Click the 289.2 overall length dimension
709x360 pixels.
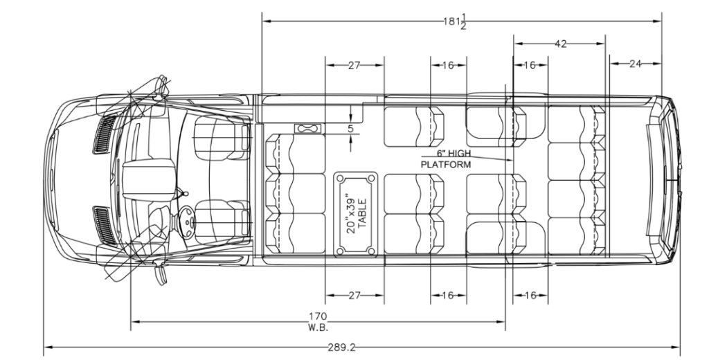(x=341, y=348)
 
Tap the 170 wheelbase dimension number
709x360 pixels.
(x=318, y=316)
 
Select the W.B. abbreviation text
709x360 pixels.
(x=318, y=327)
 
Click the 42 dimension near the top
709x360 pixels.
(x=560, y=44)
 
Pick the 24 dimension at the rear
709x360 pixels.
(x=636, y=64)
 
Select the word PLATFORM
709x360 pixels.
(x=446, y=165)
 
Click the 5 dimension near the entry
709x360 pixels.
(x=350, y=129)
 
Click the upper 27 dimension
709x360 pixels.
(x=354, y=65)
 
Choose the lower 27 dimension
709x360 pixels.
(x=354, y=296)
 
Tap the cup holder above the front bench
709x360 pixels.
(x=307, y=129)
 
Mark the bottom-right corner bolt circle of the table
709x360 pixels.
(x=371, y=251)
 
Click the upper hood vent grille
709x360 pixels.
(x=105, y=134)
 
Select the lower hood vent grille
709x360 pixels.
(x=105, y=226)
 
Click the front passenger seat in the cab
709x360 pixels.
(x=222, y=138)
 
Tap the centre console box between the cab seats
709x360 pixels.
(x=149, y=179)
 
